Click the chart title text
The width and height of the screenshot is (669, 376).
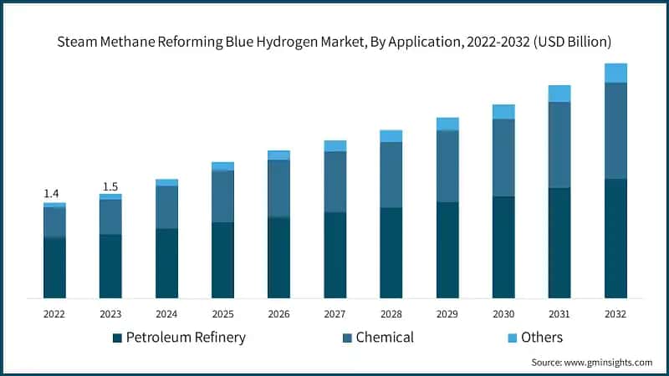pyautogui.click(x=334, y=40)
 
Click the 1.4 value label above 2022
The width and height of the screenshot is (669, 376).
pyautogui.click(x=51, y=193)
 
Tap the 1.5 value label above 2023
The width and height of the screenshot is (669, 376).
pyautogui.click(x=110, y=186)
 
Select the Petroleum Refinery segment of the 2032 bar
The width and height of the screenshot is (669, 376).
pyautogui.click(x=615, y=238)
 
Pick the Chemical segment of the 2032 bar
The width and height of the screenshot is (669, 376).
pyautogui.click(x=615, y=130)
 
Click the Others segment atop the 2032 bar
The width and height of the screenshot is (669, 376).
pyautogui.click(x=615, y=73)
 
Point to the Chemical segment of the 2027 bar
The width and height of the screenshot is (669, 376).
pyautogui.click(x=335, y=181)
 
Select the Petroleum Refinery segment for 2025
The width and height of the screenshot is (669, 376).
pyautogui.click(x=222, y=260)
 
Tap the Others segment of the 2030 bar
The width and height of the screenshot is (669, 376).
pyautogui.click(x=503, y=112)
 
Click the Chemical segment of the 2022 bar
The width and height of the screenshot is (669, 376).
pyautogui.click(x=54, y=222)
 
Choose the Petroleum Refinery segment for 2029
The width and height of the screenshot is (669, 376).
pyautogui.click(x=447, y=250)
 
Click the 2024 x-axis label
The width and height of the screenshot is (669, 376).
pyautogui.click(x=166, y=314)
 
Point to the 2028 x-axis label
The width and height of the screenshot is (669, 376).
pyautogui.click(x=391, y=314)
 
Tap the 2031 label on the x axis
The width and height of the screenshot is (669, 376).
pyautogui.click(x=559, y=314)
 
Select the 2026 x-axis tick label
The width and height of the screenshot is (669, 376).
pyautogui.click(x=278, y=314)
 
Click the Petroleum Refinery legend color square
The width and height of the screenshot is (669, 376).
pyautogui.click(x=117, y=338)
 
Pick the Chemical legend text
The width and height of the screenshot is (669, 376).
pyautogui.click(x=385, y=338)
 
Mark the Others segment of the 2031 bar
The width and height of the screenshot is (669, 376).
pyautogui.click(x=559, y=94)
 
